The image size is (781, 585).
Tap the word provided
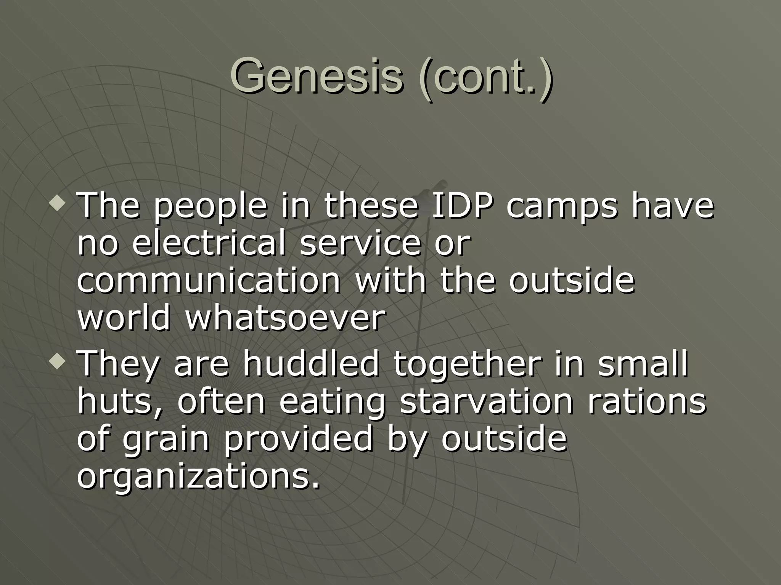point(298,440)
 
